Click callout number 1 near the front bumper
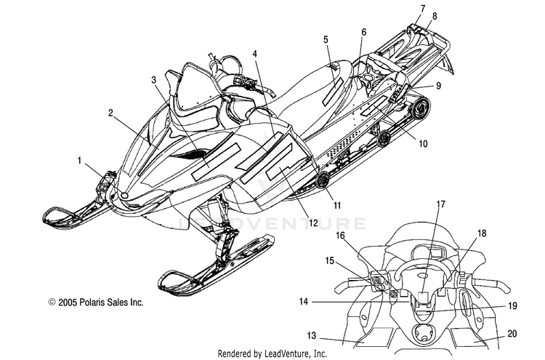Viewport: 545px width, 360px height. [80, 161]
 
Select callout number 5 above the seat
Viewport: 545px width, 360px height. [326, 39]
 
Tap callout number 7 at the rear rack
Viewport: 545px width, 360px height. [423, 9]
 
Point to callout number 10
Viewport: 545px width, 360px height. [423, 143]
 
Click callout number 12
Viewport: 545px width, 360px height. [313, 223]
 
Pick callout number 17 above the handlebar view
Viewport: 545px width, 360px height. [441, 204]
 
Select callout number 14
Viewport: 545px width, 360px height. [304, 302]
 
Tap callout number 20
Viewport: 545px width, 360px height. [512, 334]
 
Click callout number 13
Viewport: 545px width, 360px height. [312, 336]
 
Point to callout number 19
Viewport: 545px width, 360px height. [512, 305]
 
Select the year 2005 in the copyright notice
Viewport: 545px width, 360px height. [68, 303]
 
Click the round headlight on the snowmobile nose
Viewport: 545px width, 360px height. [124, 196]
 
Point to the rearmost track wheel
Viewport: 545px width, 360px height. [420, 107]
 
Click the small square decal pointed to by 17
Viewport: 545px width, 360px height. [423, 297]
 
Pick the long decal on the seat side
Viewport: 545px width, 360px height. [333, 92]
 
